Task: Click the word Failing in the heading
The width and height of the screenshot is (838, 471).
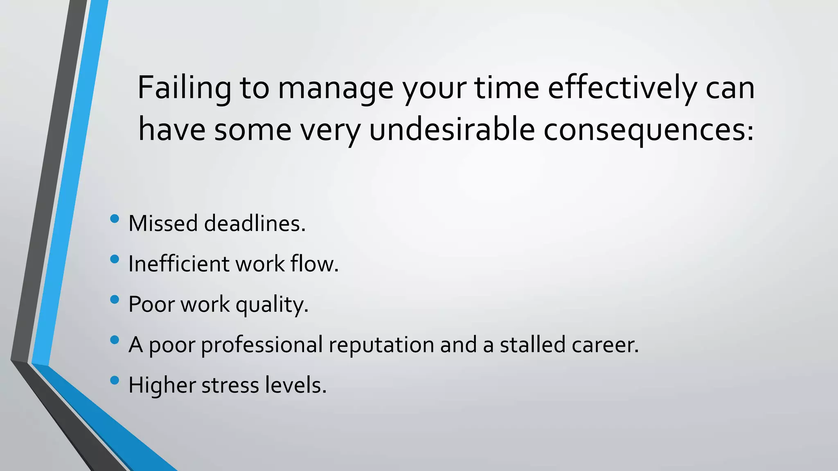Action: click(x=185, y=88)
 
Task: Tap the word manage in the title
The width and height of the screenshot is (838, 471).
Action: click(x=336, y=88)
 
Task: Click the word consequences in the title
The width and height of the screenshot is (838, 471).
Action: click(x=648, y=130)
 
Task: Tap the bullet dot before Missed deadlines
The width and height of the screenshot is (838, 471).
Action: click(x=115, y=219)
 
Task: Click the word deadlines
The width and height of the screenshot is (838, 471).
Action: click(x=255, y=224)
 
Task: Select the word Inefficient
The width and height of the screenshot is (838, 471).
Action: click(x=179, y=264)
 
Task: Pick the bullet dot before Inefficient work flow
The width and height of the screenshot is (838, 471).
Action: click(x=115, y=259)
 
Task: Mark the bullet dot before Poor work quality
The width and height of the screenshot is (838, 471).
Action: click(x=115, y=300)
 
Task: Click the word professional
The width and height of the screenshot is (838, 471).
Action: click(x=262, y=345)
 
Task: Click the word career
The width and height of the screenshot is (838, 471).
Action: click(x=605, y=345)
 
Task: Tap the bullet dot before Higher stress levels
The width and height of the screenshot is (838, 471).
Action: click(x=115, y=381)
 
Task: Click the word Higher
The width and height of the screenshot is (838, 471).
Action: click(x=162, y=385)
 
